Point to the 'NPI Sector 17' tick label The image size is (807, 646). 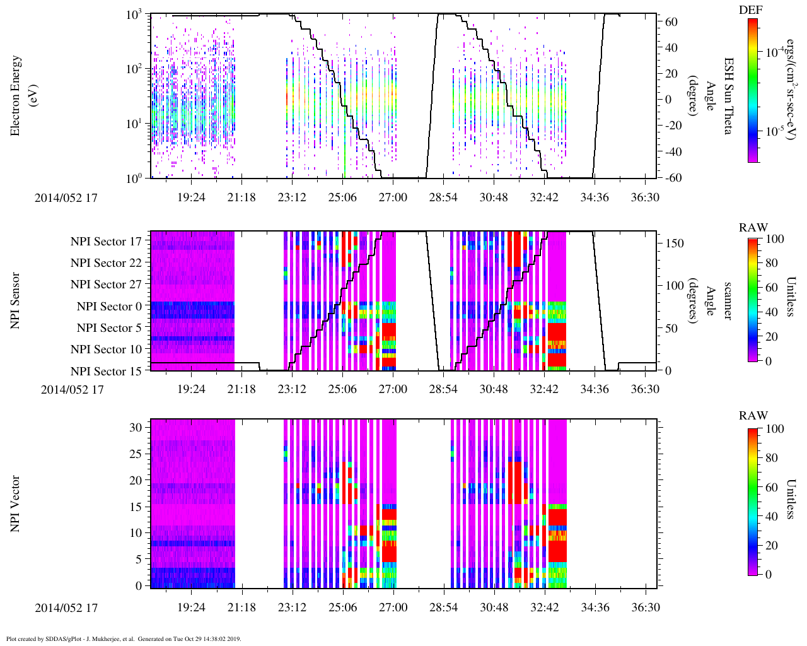(106, 242)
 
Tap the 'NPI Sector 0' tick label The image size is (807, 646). (109, 307)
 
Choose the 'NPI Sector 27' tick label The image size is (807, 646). (106, 285)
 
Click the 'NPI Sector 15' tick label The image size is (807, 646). (106, 372)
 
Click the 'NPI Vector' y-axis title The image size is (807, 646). (16, 504)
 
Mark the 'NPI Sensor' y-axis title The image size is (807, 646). (16, 301)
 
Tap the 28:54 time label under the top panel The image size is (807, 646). (443, 197)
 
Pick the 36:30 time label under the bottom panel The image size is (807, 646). (645, 608)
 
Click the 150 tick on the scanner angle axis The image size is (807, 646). (675, 244)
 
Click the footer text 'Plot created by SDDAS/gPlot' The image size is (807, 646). (63, 638)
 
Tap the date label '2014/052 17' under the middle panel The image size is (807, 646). (72, 389)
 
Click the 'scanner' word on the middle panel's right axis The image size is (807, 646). (727, 301)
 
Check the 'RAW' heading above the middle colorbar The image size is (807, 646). (753, 228)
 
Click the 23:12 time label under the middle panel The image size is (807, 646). (292, 389)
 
